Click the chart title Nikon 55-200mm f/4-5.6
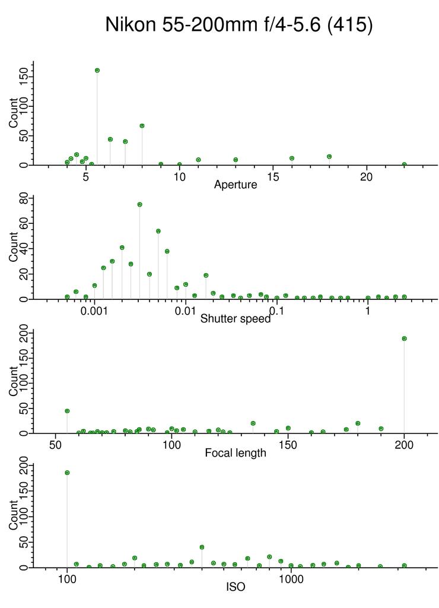238,25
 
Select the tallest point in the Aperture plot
97,70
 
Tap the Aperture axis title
236,185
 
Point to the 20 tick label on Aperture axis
366,176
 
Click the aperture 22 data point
404,164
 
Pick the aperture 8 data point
142,126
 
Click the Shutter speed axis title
236,319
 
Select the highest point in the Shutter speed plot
139,204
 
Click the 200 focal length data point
404,338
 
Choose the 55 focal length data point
67,411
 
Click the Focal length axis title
236,453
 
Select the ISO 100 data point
67,473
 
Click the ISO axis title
236,587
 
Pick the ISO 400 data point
202,547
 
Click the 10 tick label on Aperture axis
179,176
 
